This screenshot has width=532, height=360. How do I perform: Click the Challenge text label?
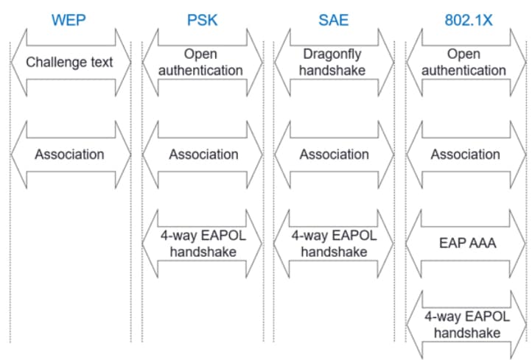coord(70,62)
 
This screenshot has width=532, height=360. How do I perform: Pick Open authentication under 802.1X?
coord(466,62)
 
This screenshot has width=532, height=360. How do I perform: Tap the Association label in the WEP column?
coord(70,155)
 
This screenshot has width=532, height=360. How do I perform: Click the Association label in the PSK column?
coord(203,155)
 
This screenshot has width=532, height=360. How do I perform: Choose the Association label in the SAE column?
coord(334,155)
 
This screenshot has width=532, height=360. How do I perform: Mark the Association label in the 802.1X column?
coord(466,155)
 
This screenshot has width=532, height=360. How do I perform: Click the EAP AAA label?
coord(466,244)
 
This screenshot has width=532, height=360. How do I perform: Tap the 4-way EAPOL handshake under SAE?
coord(334,244)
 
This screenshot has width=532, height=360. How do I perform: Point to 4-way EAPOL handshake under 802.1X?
coord(466,325)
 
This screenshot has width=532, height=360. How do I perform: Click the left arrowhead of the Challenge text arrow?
coord(18,62)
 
